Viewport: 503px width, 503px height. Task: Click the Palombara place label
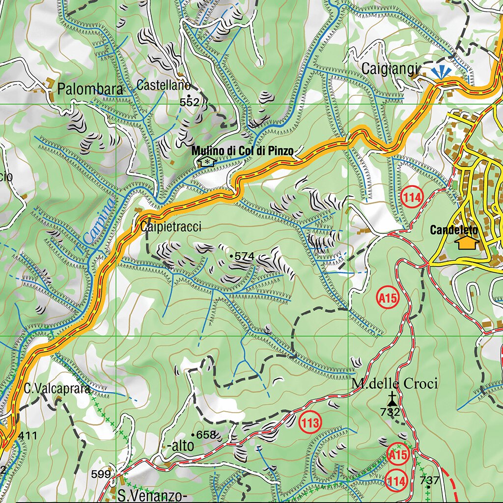click(90, 89)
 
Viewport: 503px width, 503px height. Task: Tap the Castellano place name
click(163, 85)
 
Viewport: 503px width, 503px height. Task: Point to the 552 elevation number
click(190, 102)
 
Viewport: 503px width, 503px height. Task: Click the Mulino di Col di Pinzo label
click(243, 151)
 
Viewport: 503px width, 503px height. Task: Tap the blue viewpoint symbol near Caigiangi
click(442, 72)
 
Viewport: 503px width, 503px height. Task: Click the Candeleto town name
click(454, 229)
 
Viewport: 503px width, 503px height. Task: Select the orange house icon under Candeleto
click(467, 242)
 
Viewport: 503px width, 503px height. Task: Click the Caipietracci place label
click(170, 227)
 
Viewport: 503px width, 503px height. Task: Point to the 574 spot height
click(244, 256)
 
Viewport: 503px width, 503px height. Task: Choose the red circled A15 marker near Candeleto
click(388, 297)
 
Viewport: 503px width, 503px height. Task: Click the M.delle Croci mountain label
click(394, 384)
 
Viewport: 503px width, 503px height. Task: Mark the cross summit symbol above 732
click(391, 398)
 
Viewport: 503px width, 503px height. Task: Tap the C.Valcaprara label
click(57, 389)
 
